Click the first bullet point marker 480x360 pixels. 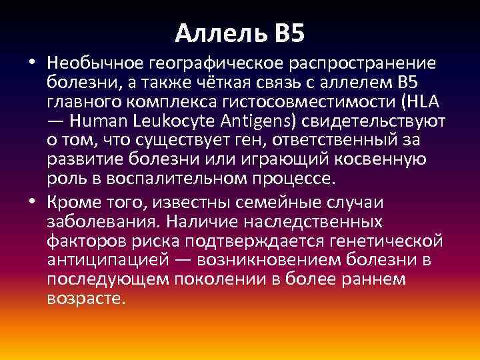(32, 63)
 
